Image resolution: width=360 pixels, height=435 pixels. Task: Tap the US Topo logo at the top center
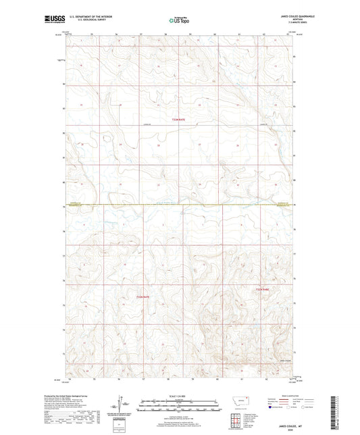(x=179, y=20)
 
